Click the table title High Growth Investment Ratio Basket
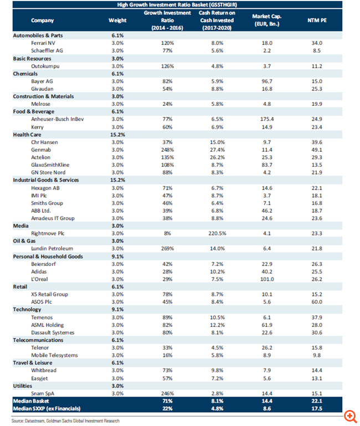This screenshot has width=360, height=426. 177,4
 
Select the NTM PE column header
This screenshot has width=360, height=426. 317,20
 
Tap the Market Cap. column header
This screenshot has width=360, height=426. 267,20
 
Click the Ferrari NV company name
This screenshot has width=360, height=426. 43,43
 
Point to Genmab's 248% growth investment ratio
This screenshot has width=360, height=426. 167,150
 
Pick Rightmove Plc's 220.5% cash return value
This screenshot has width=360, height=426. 217,233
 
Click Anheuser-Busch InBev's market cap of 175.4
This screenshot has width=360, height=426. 267,119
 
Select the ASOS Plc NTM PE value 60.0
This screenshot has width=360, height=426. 317,302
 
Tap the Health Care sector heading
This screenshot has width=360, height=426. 27,135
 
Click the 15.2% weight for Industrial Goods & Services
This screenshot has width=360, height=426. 117,180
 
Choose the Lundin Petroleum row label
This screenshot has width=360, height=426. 52,249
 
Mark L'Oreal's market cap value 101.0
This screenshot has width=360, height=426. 267,279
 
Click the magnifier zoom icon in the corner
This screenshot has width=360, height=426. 350,417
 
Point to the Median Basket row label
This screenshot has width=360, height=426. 31,401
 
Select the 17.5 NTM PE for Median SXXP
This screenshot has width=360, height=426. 317,409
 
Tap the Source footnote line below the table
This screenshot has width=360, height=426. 65,421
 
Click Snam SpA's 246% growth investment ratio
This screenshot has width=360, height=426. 167,393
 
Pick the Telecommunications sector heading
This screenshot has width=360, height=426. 38,340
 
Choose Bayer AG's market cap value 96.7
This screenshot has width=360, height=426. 267,81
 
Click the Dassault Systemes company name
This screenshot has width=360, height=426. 53,332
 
